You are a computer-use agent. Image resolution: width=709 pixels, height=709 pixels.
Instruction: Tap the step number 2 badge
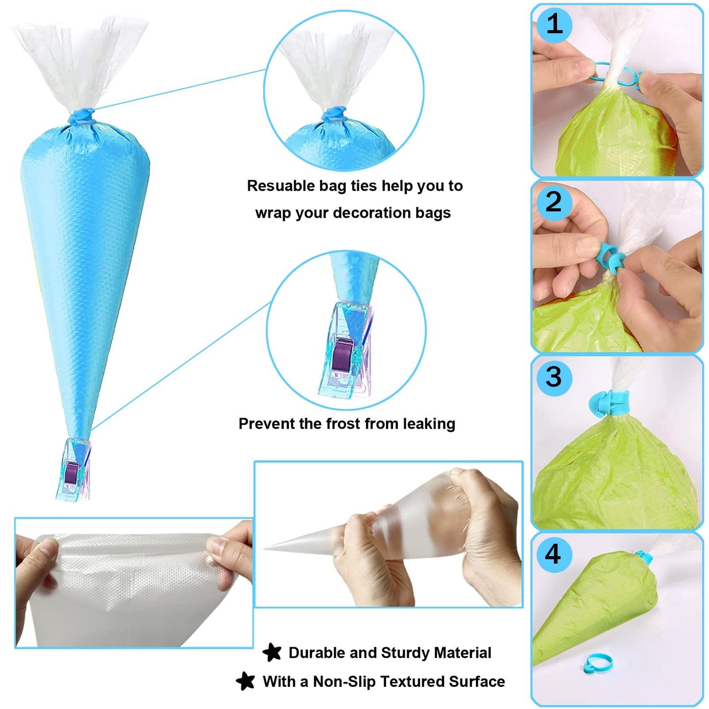tap(553, 202)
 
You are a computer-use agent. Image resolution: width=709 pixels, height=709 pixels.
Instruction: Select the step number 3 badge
tap(553, 377)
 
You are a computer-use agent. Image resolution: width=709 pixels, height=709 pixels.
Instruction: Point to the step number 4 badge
tap(553, 554)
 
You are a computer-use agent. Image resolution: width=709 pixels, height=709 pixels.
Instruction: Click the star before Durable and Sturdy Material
tap(272, 653)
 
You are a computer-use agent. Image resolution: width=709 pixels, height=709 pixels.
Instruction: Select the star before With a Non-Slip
tap(245, 681)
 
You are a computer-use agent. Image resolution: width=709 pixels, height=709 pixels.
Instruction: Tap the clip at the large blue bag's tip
tap(73, 470)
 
